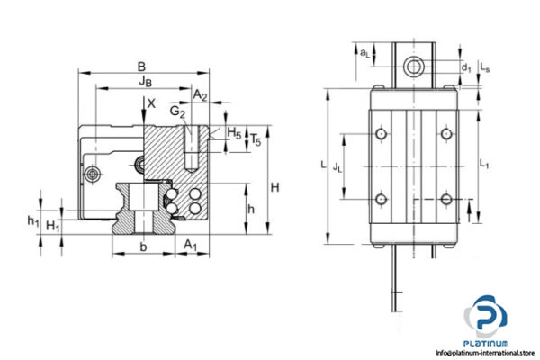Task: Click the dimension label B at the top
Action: [x=140, y=66]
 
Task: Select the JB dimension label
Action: [x=145, y=82]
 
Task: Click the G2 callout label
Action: [x=177, y=112]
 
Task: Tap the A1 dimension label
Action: [x=190, y=245]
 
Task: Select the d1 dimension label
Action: [x=464, y=67]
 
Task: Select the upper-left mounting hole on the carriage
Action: [x=382, y=134]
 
